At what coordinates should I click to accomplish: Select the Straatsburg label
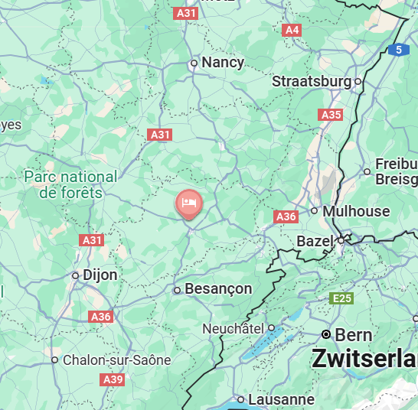pos(312,81)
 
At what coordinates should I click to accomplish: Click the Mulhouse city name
pos(356,211)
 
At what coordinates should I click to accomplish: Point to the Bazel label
pos(315,241)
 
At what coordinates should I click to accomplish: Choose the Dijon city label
pos(100,275)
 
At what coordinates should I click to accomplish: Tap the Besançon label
pos(218,288)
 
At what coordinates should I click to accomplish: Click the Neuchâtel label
pos(233,328)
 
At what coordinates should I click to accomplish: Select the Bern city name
pos(354,335)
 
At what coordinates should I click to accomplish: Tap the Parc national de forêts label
pos(70,184)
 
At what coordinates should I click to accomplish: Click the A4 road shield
pos(291,30)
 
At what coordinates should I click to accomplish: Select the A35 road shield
pos(331,114)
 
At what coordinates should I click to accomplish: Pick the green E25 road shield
pos(341,298)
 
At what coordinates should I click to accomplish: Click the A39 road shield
pos(113,379)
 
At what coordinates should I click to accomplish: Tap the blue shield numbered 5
pos(398,50)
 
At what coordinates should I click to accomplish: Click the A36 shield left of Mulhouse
pos(286,217)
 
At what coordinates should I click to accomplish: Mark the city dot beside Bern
pos(327,335)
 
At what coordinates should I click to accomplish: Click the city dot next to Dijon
pos(76,275)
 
